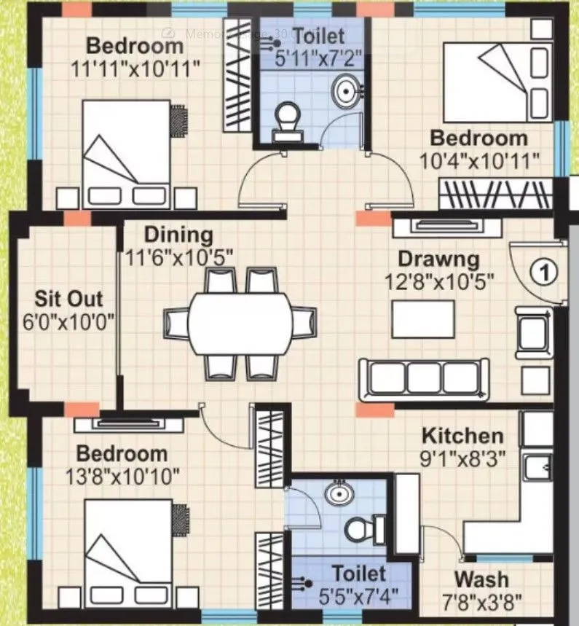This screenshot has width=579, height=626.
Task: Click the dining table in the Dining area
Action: point(240,323)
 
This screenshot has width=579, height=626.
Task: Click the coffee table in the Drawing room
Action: point(422,319)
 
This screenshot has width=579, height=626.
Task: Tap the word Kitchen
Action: point(462,436)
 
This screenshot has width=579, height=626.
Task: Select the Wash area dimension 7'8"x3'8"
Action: point(481,601)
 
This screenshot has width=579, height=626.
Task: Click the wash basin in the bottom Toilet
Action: point(336,494)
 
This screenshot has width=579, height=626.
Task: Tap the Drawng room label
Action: point(438,259)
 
